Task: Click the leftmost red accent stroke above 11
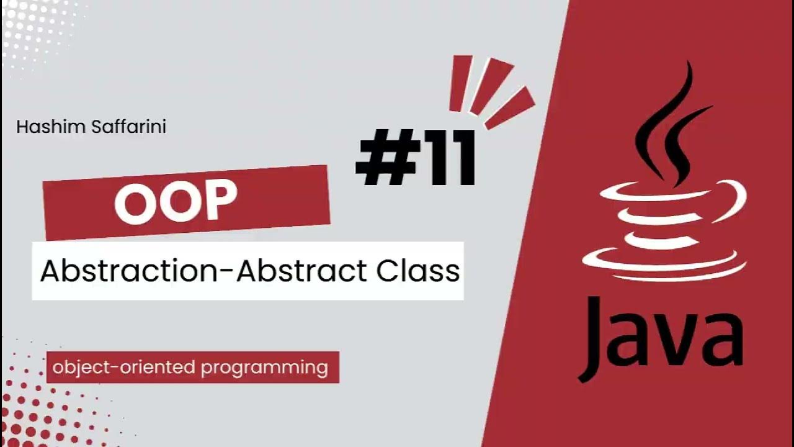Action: click(x=460, y=83)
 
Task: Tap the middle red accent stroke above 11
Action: click(x=489, y=86)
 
